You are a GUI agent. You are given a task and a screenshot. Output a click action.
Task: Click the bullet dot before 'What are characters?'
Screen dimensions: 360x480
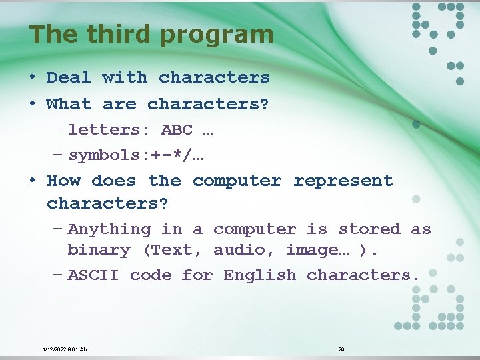click(x=32, y=105)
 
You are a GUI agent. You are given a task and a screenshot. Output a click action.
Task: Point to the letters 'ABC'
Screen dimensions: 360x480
click(x=177, y=130)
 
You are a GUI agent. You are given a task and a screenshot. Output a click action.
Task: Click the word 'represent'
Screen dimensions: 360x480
click(x=343, y=181)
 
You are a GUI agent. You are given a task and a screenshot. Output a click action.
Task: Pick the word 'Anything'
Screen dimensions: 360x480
click(x=109, y=229)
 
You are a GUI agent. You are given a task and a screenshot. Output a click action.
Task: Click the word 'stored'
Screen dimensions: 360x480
click(x=369, y=229)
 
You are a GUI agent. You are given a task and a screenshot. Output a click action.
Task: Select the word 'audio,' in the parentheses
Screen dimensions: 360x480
click(x=244, y=250)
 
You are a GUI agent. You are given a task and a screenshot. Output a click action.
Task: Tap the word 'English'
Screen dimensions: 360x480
click(x=260, y=275)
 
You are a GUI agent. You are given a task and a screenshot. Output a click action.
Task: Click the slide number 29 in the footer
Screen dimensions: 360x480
click(x=341, y=349)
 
